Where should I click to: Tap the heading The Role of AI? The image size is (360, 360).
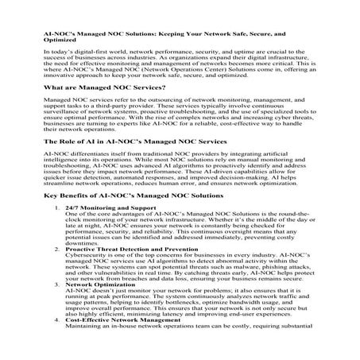[x=124, y=163]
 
